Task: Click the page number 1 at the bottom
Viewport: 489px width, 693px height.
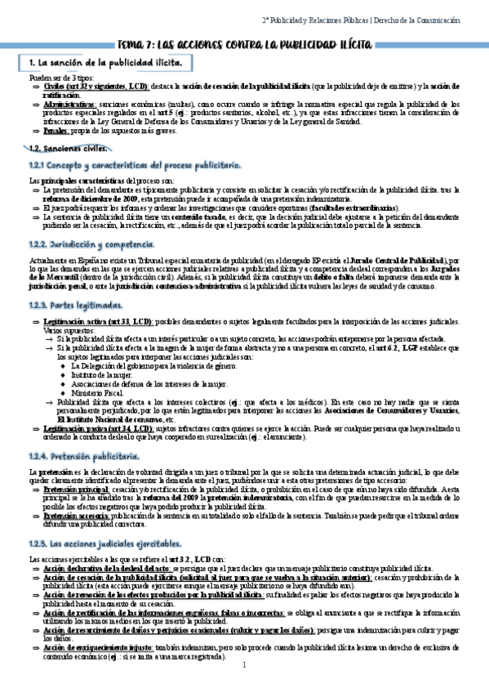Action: (x=244, y=664)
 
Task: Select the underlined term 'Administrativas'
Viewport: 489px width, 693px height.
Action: (x=69, y=105)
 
